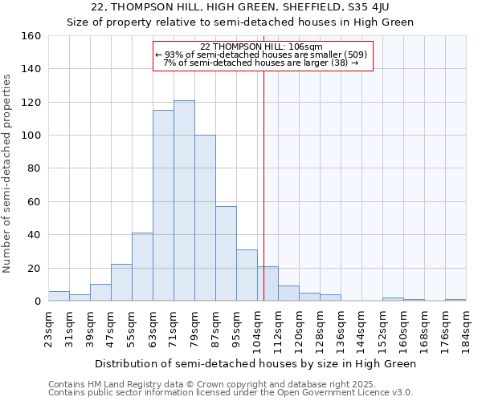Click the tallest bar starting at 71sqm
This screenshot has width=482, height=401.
(x=184, y=200)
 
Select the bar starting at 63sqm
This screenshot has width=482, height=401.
(x=163, y=205)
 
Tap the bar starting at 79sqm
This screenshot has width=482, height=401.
(x=205, y=218)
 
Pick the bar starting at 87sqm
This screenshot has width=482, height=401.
(x=226, y=253)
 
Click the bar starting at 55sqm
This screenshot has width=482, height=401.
(x=142, y=267)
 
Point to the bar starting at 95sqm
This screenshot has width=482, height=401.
(x=247, y=275)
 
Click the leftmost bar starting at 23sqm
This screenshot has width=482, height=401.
(x=59, y=296)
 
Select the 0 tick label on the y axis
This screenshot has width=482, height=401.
(x=37, y=302)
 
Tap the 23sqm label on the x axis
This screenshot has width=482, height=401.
(x=49, y=327)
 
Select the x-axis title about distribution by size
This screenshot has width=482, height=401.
(x=257, y=363)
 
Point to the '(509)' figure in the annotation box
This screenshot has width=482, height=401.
(x=354, y=55)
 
